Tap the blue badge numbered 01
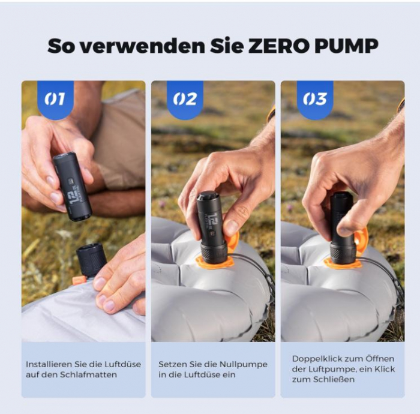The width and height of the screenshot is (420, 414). [55, 99]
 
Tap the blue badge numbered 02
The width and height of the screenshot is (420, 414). [185, 99]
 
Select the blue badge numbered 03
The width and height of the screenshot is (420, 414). [314, 99]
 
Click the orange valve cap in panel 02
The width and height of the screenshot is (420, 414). [230, 246]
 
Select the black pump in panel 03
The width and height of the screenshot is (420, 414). [342, 228]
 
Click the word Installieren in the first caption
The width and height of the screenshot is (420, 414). [49, 364]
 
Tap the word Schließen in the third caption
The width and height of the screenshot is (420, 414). [334, 379]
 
